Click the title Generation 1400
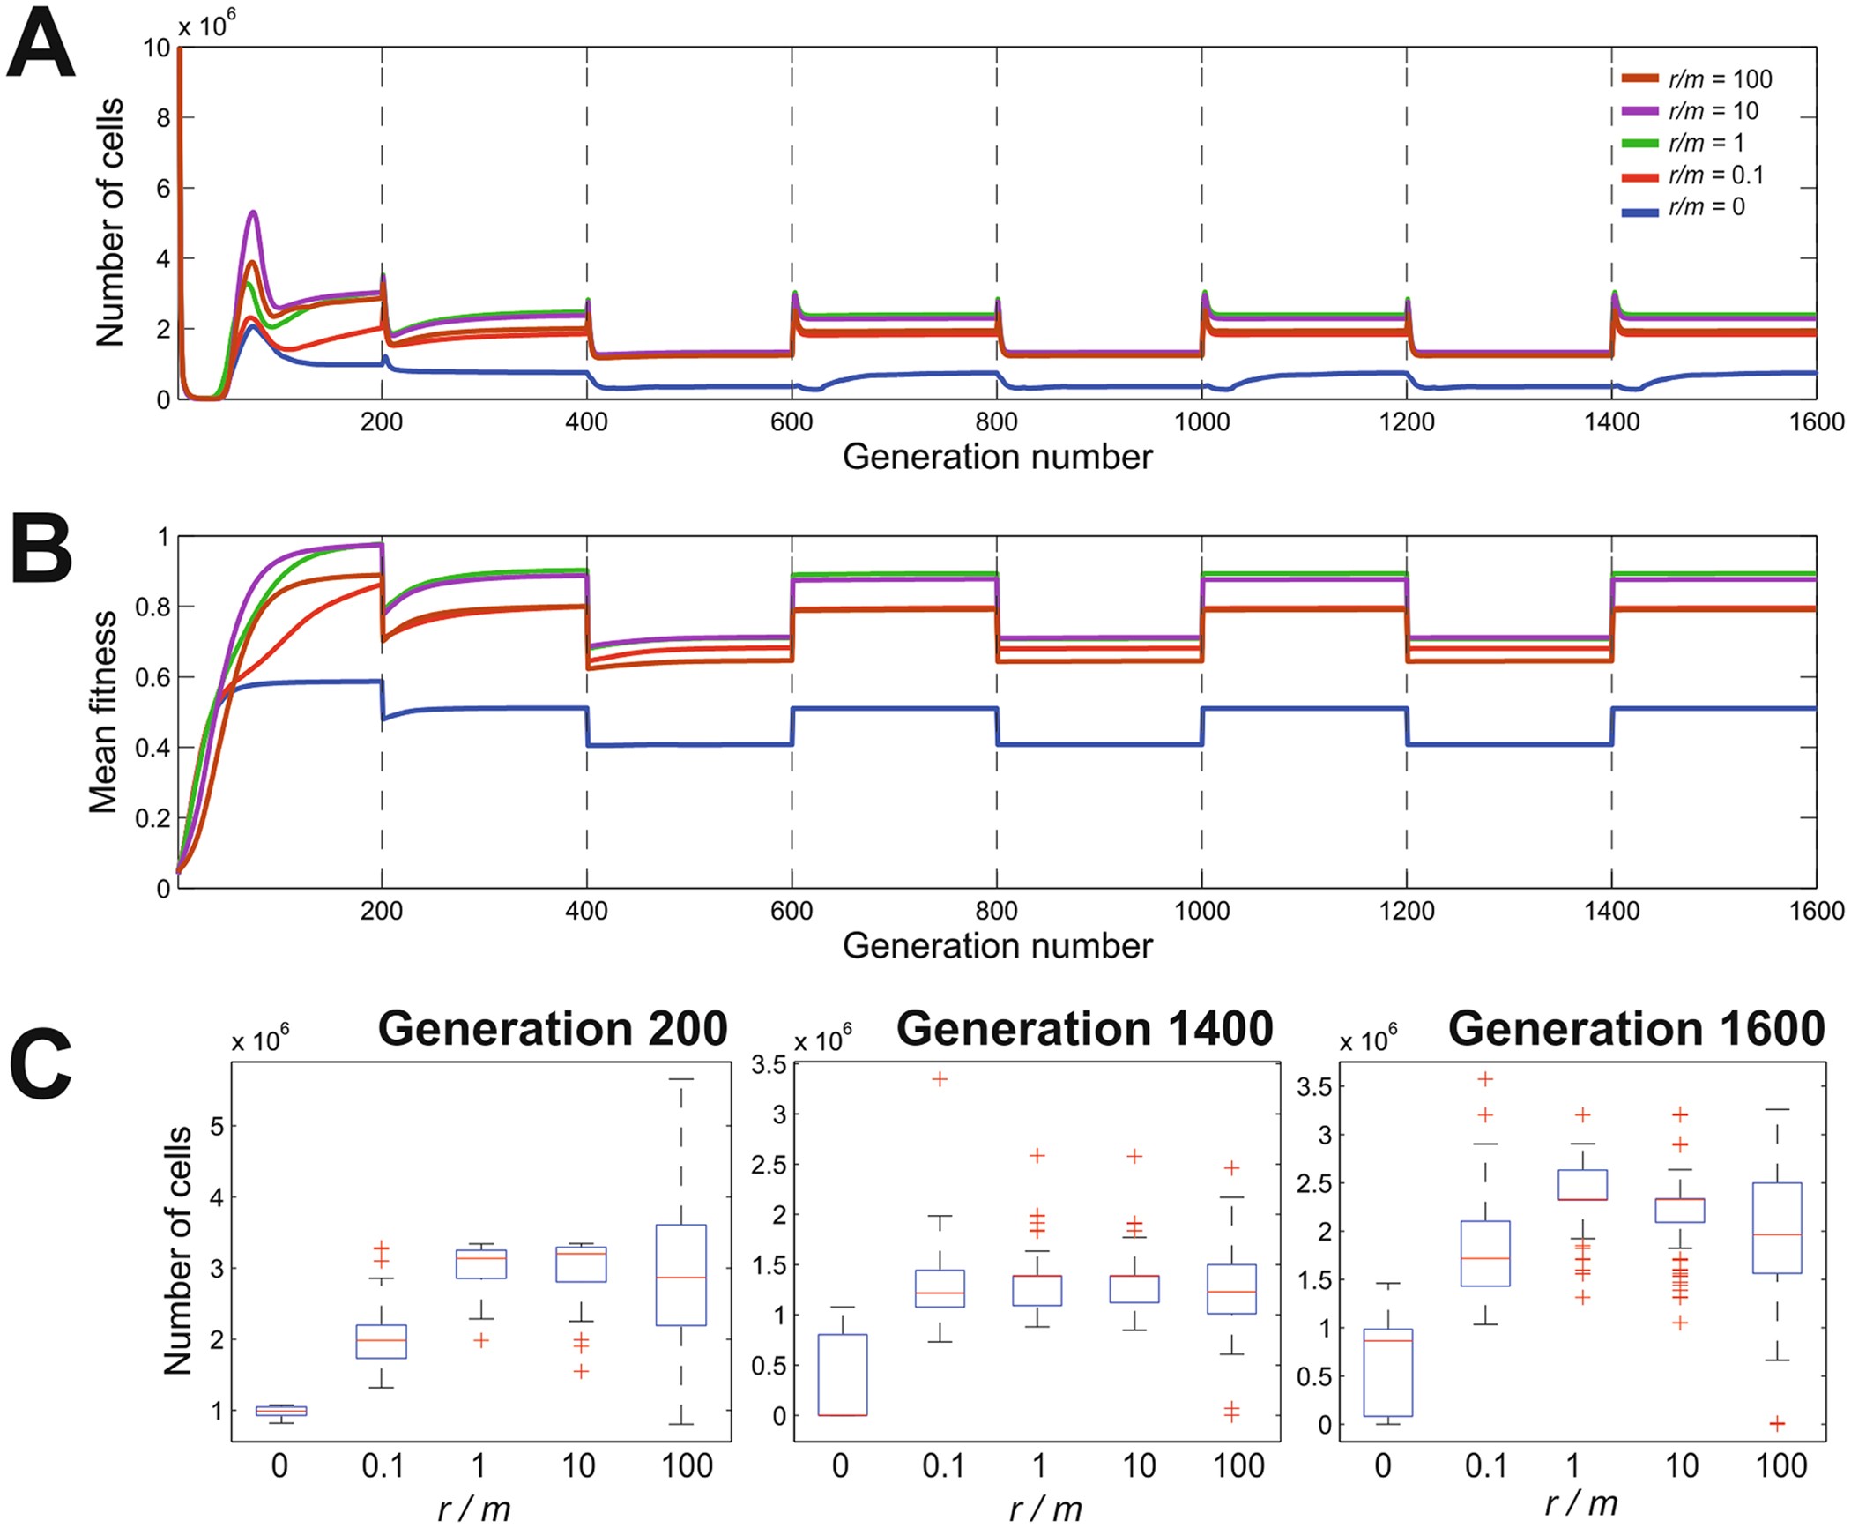click(1084, 1029)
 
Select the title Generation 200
click(553, 1029)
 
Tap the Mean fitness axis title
click(104, 712)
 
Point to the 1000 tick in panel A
click(1201, 422)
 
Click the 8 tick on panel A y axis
click(162, 117)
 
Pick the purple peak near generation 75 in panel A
click(253, 212)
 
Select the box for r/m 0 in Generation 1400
click(842, 1375)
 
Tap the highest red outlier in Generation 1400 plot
click(940, 1079)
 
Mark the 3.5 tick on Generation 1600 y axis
click(1313, 1086)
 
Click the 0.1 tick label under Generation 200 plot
click(383, 1465)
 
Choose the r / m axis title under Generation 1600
click(1581, 1503)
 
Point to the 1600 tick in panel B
click(1816, 911)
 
